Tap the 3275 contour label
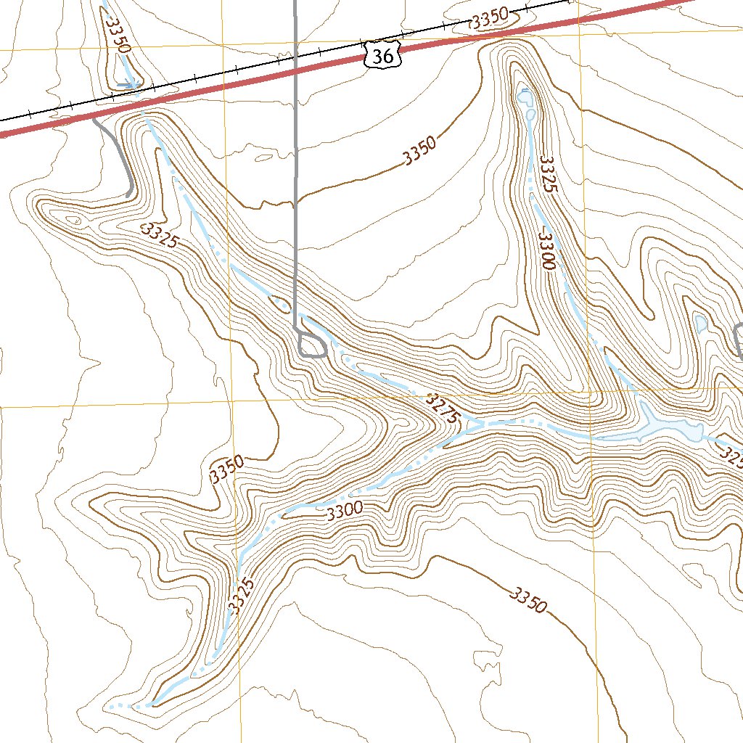click(x=443, y=409)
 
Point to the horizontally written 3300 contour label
click(x=345, y=512)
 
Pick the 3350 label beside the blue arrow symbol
click(x=116, y=35)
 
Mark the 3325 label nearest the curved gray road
click(x=160, y=236)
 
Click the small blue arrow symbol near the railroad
click(x=126, y=85)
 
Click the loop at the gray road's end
click(x=312, y=345)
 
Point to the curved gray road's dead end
click(x=128, y=194)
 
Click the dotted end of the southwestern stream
click(x=110, y=706)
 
